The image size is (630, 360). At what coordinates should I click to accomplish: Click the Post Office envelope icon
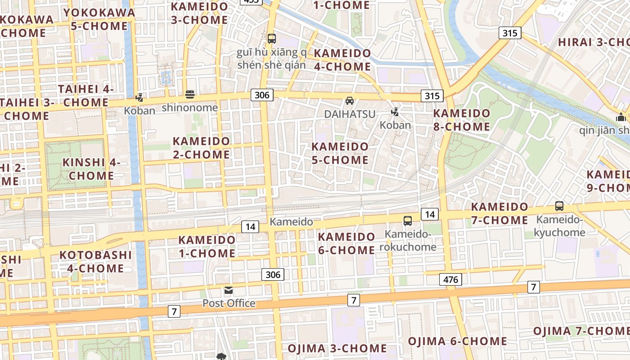click(229, 291)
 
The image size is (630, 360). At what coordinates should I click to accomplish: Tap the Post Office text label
click(229, 303)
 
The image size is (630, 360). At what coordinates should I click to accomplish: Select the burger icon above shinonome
click(190, 94)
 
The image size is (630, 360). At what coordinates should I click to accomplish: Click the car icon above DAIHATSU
click(350, 101)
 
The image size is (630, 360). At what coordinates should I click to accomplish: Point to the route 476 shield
click(450, 279)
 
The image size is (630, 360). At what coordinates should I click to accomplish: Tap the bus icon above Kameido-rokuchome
click(408, 221)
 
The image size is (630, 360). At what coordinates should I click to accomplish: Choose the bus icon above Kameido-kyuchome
click(559, 206)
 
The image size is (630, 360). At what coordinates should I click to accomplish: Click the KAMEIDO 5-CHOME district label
click(340, 153)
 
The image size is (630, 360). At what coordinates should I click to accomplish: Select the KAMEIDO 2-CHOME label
click(201, 148)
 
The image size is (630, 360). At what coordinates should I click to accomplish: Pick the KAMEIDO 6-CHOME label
click(346, 243)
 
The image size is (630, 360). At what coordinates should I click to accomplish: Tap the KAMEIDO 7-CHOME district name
click(499, 213)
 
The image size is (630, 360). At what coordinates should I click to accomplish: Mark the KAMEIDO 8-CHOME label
click(462, 120)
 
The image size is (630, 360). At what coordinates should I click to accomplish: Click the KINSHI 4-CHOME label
click(91, 169)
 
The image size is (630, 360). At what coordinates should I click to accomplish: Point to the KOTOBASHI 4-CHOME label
click(96, 261)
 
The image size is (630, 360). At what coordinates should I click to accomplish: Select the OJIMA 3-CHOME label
click(337, 348)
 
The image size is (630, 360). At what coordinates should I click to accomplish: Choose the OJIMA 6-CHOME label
click(457, 341)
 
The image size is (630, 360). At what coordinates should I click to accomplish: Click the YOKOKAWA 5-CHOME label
click(99, 19)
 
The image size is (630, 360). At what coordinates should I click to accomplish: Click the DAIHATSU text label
click(350, 114)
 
